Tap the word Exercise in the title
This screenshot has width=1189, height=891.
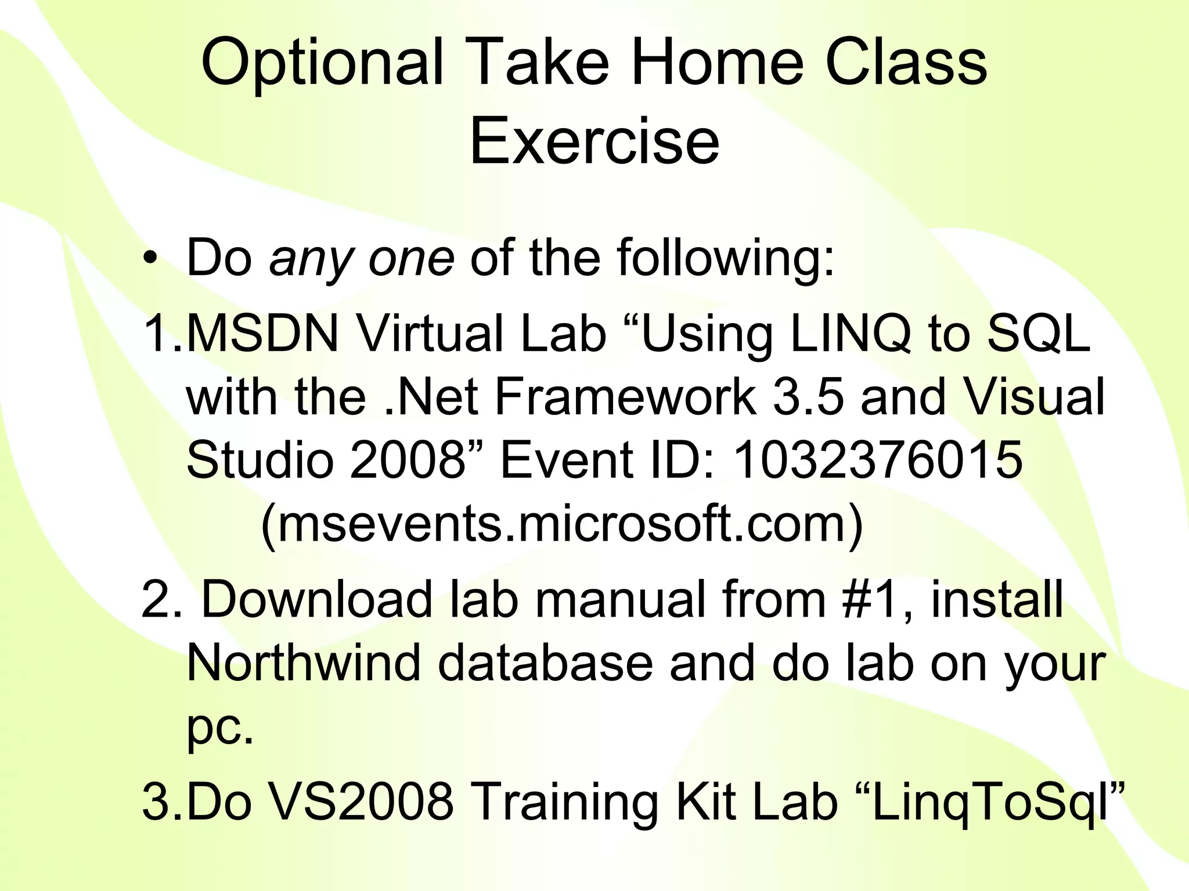click(594, 141)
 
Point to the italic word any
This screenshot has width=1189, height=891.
click(311, 259)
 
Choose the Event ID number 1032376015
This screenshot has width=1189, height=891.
click(877, 460)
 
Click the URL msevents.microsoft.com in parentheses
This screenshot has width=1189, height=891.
click(562, 524)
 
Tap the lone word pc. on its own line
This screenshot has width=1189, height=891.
click(220, 729)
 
